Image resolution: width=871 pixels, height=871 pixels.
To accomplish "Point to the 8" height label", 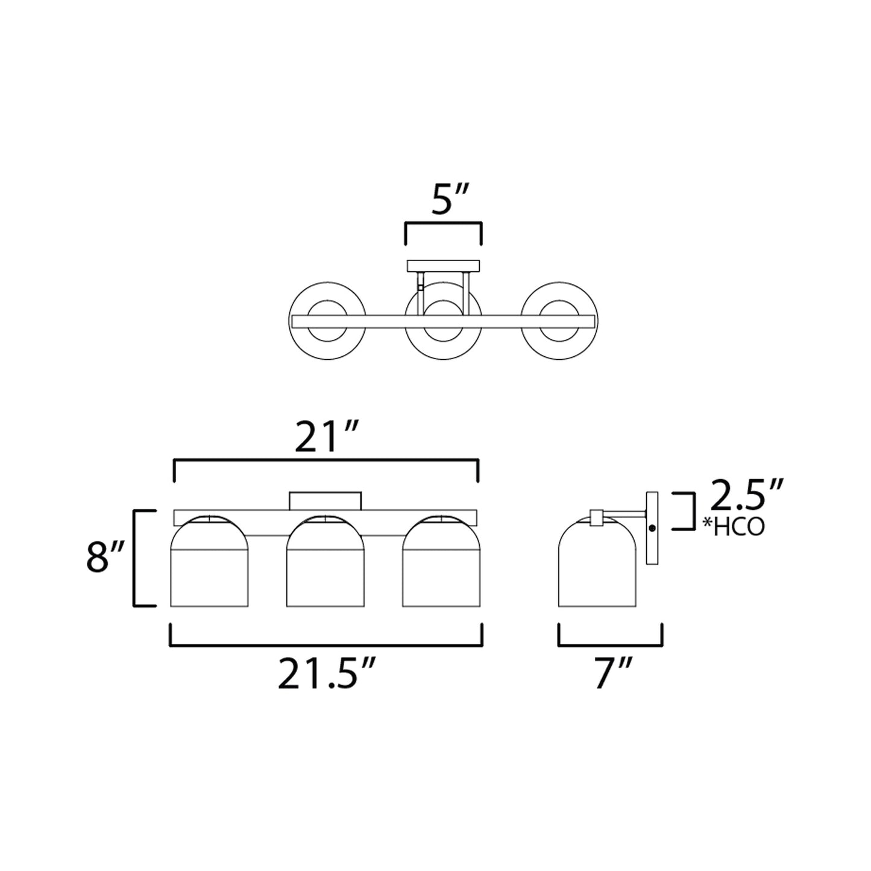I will (x=105, y=557).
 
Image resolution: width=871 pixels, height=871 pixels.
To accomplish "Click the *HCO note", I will (x=734, y=526).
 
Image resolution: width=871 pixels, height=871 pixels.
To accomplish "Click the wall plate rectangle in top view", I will (x=444, y=266).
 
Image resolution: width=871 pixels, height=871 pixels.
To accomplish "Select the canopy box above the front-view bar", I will (x=325, y=500).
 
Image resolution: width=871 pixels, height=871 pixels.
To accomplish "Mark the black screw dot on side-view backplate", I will (x=652, y=527).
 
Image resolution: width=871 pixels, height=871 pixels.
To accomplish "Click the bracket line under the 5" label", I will (x=443, y=224).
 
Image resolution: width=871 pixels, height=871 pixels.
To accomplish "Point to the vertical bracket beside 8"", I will (x=135, y=558).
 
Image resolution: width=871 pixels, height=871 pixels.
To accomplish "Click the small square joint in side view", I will (x=597, y=517).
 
